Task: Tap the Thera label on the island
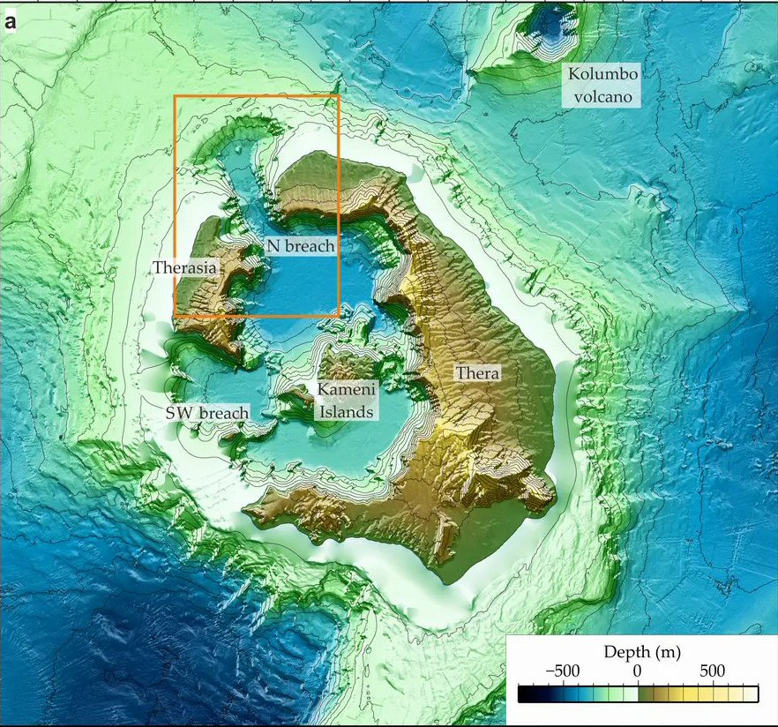(x=477, y=373)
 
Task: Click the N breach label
(x=300, y=246)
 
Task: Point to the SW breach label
(x=207, y=412)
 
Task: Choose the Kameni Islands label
(x=346, y=400)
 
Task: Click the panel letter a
(x=11, y=22)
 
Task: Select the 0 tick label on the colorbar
(x=637, y=671)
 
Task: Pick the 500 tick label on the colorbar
(x=713, y=671)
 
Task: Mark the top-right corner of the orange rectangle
(x=339, y=95)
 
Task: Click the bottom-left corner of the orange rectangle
(x=175, y=315)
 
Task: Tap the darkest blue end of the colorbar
(x=521, y=693)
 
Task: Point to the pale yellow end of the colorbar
(x=754, y=693)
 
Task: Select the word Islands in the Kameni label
(x=346, y=411)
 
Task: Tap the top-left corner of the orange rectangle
(x=175, y=95)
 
